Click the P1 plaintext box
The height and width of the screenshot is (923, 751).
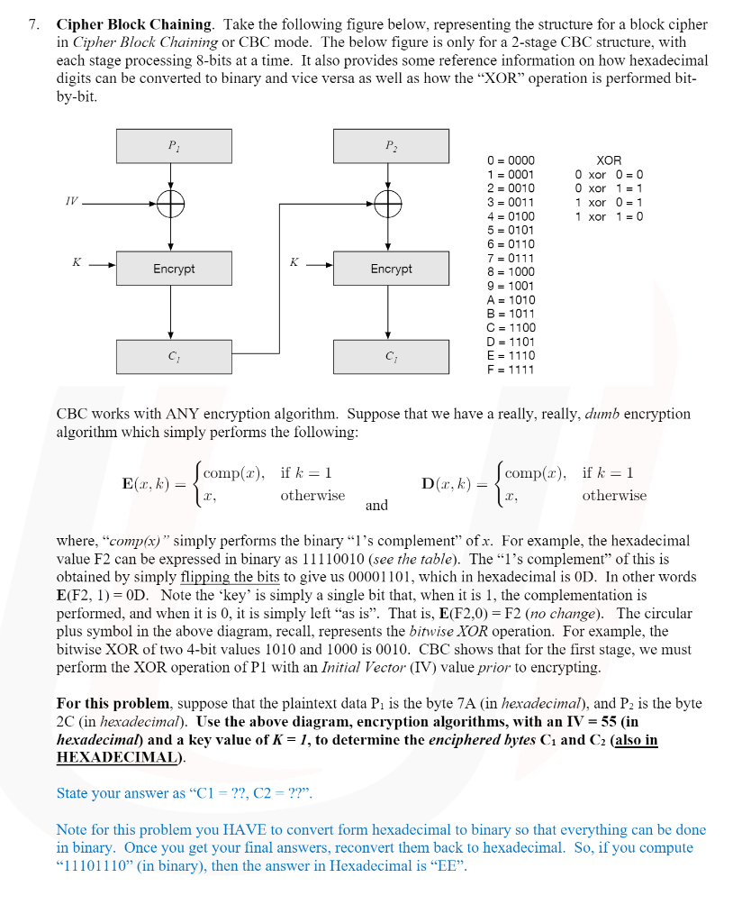click(174, 146)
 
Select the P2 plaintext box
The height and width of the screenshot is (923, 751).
click(390, 146)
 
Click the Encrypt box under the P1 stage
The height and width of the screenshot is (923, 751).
click(174, 269)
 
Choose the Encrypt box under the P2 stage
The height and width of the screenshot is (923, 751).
click(390, 269)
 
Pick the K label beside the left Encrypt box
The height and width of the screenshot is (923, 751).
click(77, 262)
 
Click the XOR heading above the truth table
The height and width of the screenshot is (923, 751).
click(609, 160)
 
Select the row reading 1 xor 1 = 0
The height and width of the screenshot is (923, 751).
click(610, 216)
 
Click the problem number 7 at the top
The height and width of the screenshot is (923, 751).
click(32, 25)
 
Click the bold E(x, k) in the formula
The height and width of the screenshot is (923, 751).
click(144, 483)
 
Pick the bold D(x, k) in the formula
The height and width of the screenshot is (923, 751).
click(446, 483)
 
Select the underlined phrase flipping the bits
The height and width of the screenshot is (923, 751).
click(230, 577)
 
